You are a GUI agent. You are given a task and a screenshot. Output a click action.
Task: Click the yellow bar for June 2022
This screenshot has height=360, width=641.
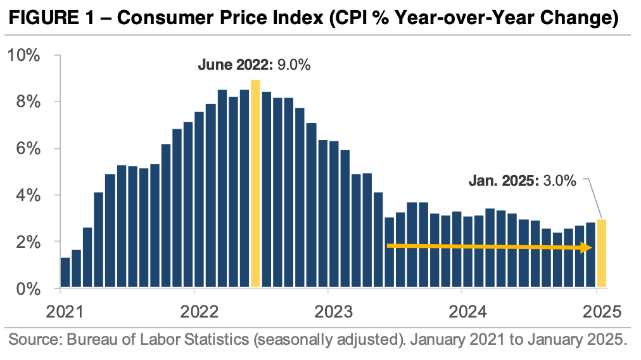[x=255, y=184]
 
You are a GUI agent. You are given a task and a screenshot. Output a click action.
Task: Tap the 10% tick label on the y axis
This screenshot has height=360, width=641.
[x=23, y=55]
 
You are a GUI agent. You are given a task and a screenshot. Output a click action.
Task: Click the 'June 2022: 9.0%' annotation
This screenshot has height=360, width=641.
[x=254, y=65]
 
